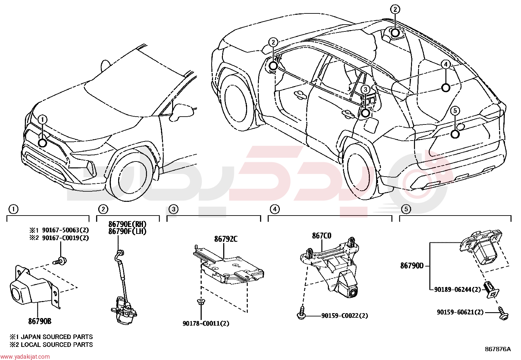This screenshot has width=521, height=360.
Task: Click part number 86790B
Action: pyautogui.click(x=40, y=321)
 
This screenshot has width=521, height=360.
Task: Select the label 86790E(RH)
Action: pyautogui.click(x=127, y=224)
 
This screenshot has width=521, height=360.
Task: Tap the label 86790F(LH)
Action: pyautogui.click(x=127, y=232)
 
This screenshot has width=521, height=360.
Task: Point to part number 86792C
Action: pyautogui.click(x=226, y=239)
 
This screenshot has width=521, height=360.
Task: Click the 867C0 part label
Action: pyautogui.click(x=322, y=236)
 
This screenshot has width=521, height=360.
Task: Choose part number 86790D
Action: pyautogui.click(x=412, y=266)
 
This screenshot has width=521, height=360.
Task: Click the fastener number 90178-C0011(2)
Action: pyautogui.click(x=206, y=323)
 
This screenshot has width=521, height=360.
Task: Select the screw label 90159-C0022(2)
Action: pyautogui.click(x=345, y=315)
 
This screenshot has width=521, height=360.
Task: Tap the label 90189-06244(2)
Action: pyautogui.click(x=458, y=290)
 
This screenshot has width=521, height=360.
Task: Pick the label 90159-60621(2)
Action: pyautogui.click(x=460, y=312)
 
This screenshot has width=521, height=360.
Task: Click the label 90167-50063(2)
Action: pyautogui.click(x=65, y=230)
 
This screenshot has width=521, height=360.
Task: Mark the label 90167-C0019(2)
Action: pyautogui.click(x=65, y=238)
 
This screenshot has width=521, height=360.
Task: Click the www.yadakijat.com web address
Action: pyautogui.click(x=25, y=356)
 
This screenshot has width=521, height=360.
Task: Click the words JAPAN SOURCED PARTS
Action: pyautogui.click(x=57, y=337)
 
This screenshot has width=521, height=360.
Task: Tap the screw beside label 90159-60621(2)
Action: pyautogui.click(x=503, y=313)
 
